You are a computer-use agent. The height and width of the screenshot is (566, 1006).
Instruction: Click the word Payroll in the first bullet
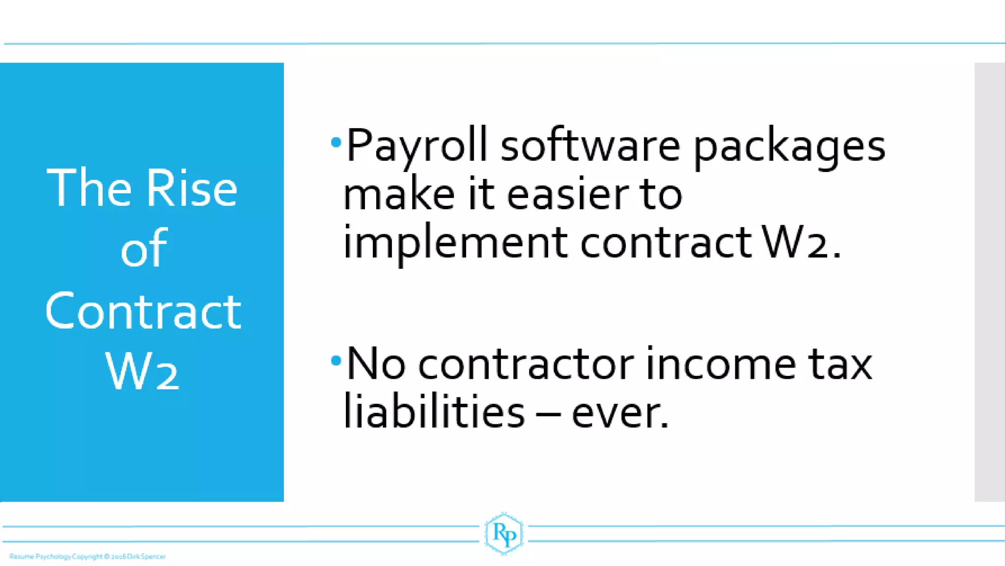417,145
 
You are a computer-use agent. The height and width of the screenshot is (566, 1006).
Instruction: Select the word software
590,145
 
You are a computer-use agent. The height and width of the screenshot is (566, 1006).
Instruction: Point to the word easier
567,194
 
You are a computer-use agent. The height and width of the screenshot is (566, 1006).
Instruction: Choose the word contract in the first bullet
666,242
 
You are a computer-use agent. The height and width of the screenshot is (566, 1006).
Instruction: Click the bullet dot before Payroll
336,142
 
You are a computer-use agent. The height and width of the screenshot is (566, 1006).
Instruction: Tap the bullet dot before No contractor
336,361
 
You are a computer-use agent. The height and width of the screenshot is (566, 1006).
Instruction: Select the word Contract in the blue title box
143,311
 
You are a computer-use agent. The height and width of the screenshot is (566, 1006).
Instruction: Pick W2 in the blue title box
142,371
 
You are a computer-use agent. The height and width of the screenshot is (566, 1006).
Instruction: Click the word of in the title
143,249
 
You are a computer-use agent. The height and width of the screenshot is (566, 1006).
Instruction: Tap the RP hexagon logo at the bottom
503,534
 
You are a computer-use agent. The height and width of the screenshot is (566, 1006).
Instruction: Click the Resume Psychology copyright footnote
87,557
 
